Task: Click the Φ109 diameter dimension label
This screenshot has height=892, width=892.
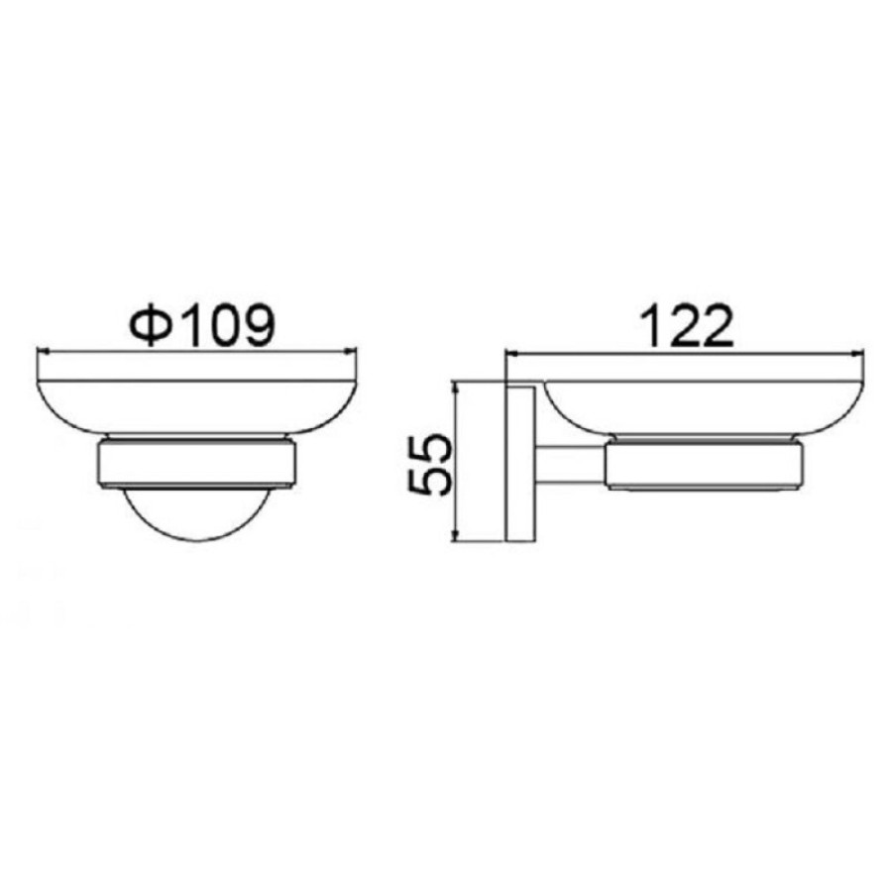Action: [x=202, y=326]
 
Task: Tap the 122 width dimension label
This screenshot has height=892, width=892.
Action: [x=686, y=326]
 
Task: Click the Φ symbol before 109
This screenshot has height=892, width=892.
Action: [x=151, y=326]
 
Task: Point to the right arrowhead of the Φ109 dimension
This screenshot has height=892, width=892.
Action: [x=348, y=352]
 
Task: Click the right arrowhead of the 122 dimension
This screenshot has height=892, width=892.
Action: [x=857, y=354]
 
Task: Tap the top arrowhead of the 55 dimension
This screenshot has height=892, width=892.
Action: [x=455, y=390]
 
